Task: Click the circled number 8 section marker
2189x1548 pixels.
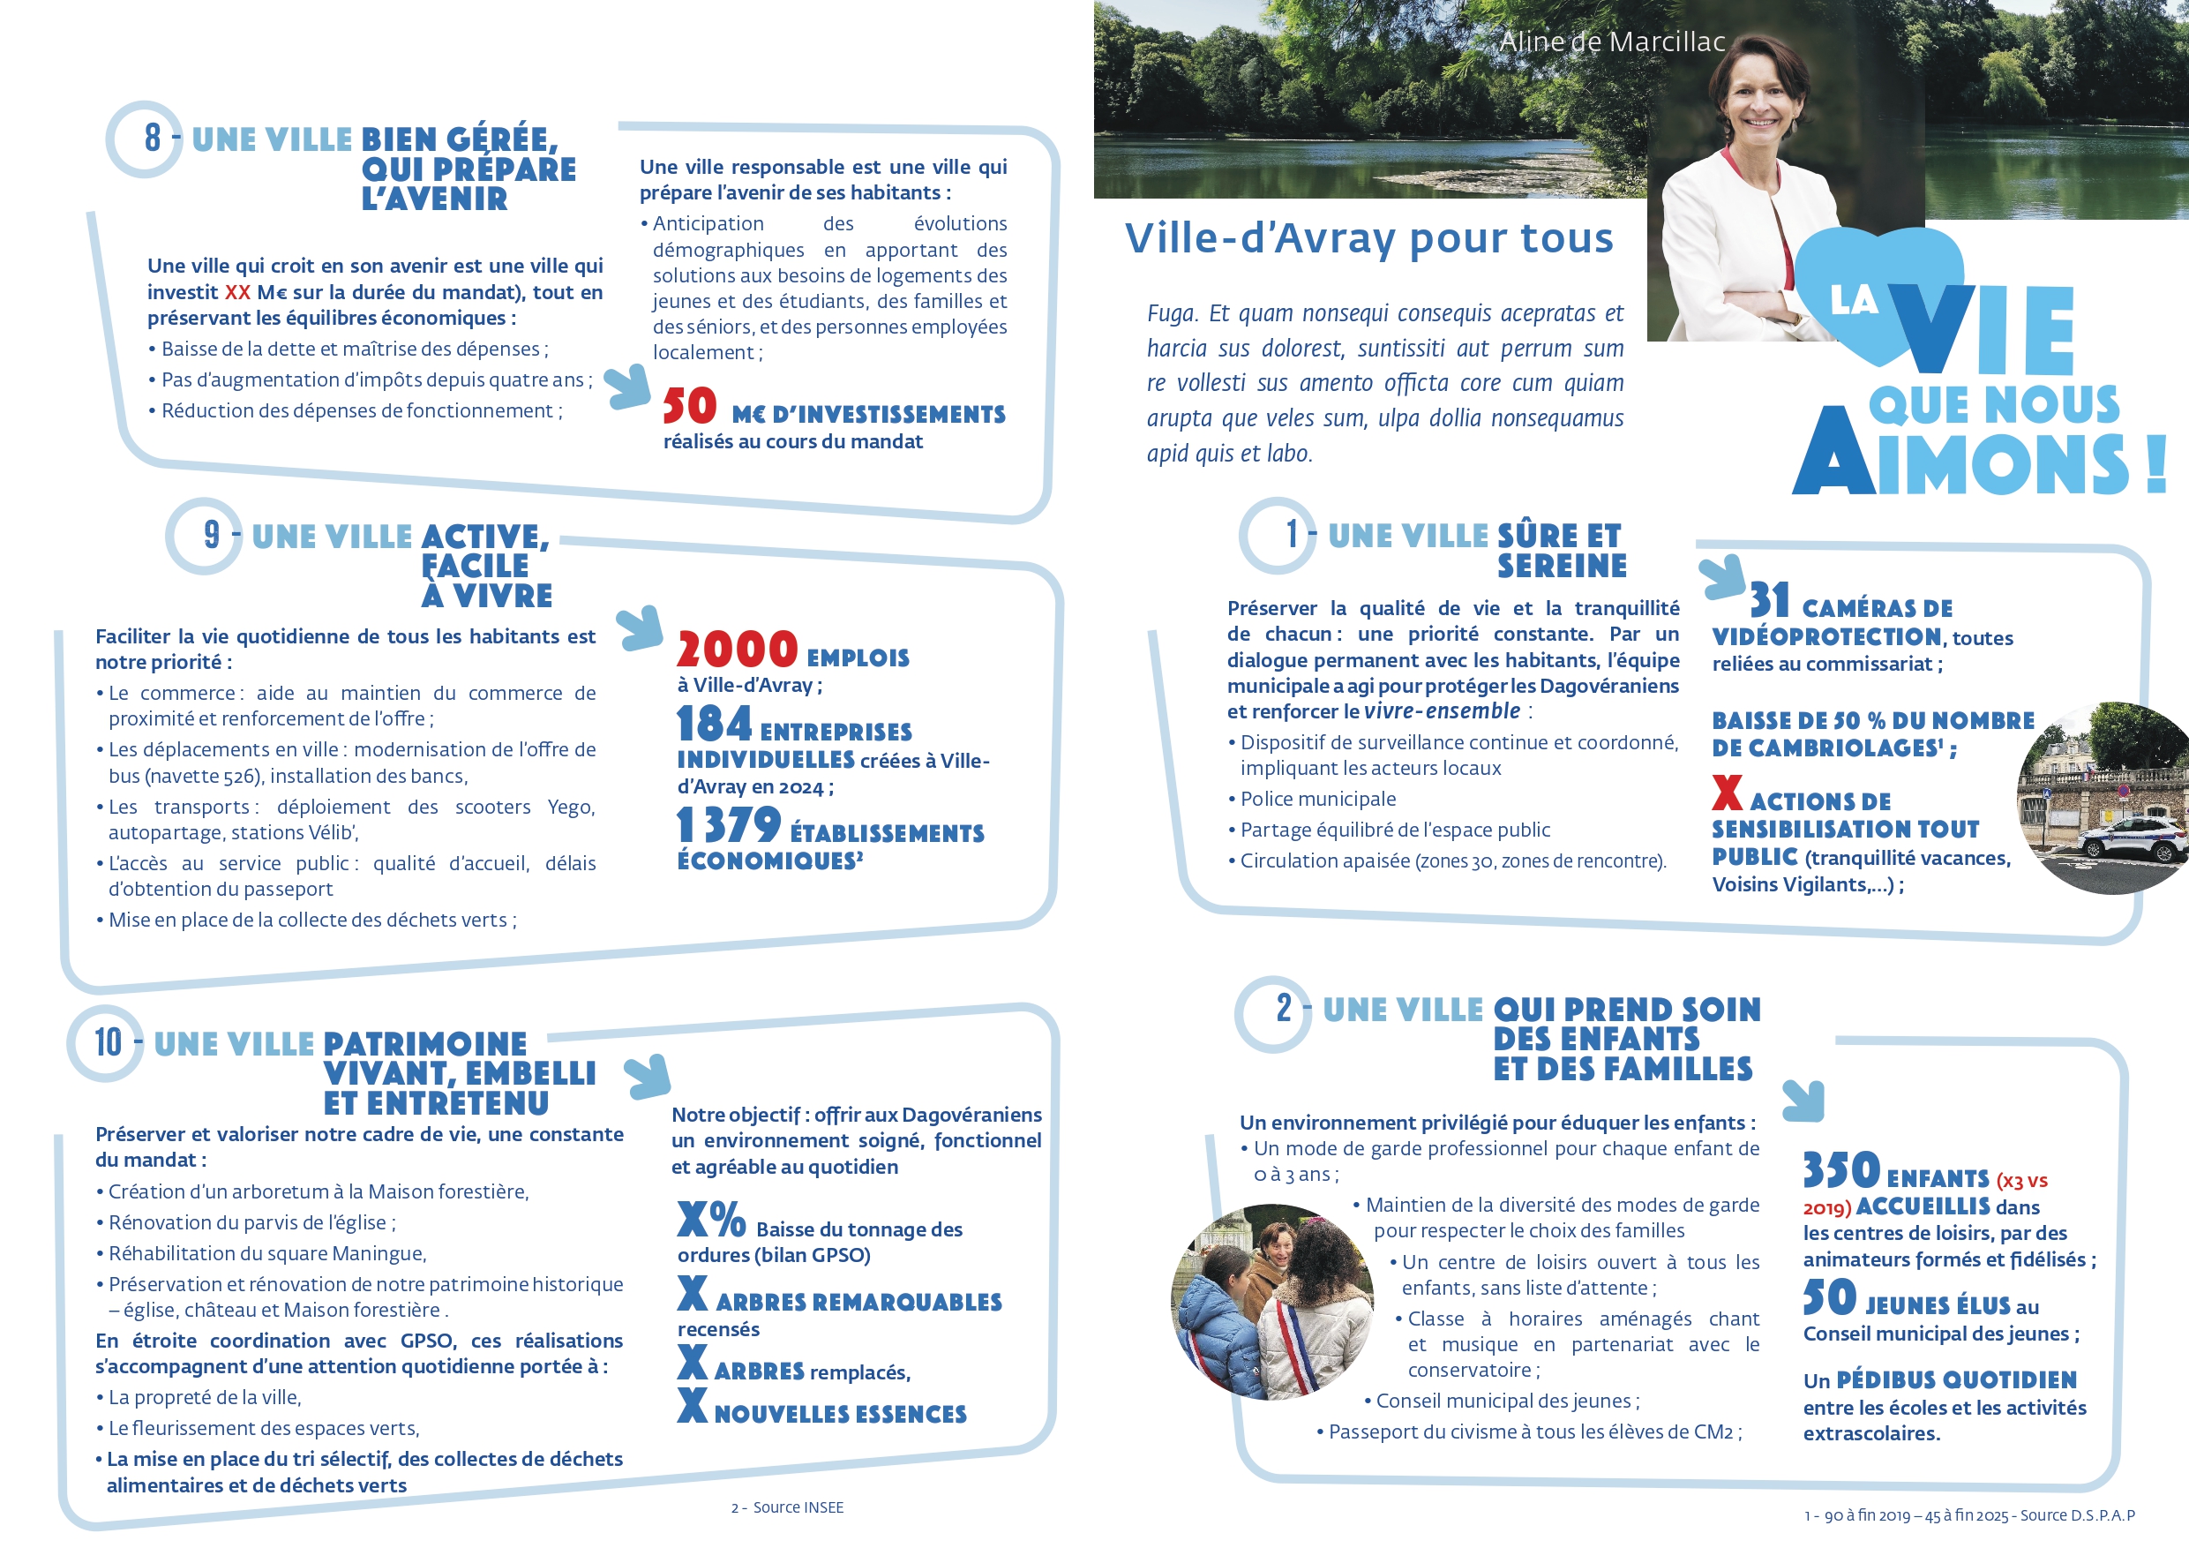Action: (x=145, y=139)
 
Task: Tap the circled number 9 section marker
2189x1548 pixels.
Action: (x=206, y=536)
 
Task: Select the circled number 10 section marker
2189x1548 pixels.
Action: (x=106, y=1042)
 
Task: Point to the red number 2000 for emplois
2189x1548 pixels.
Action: (x=737, y=650)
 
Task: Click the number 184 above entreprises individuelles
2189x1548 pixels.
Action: (x=714, y=724)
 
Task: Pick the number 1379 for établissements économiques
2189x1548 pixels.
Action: (x=729, y=825)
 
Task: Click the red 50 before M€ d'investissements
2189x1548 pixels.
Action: (x=689, y=407)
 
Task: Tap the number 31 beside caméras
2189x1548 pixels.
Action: (x=1770, y=601)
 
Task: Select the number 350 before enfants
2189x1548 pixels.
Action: (x=1841, y=1170)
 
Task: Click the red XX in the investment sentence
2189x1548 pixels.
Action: (x=237, y=293)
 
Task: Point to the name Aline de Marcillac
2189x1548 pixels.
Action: (x=1612, y=42)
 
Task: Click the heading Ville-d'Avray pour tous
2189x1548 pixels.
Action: (x=1369, y=238)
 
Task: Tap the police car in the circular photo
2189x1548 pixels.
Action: (x=2135, y=842)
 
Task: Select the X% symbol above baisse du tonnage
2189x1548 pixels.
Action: (x=710, y=1220)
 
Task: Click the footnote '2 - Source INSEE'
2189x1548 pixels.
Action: (x=788, y=1508)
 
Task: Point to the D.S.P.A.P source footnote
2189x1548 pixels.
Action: (x=1969, y=1515)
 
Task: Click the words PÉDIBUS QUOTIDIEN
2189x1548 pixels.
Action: (x=1956, y=1380)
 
